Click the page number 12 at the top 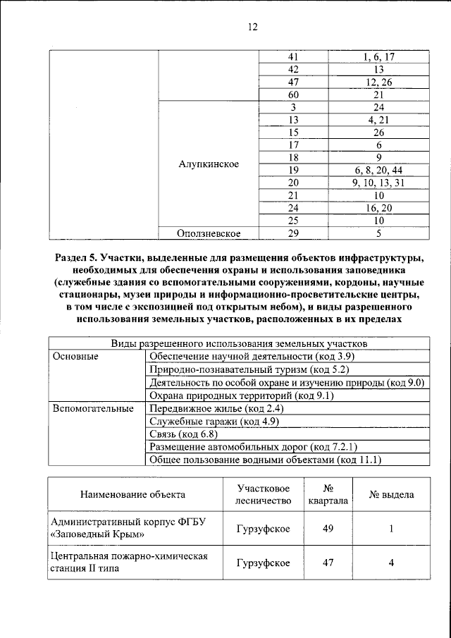point(252,27)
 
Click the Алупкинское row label point(209,164)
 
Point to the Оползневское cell point(209,233)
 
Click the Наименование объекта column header point(132,495)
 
